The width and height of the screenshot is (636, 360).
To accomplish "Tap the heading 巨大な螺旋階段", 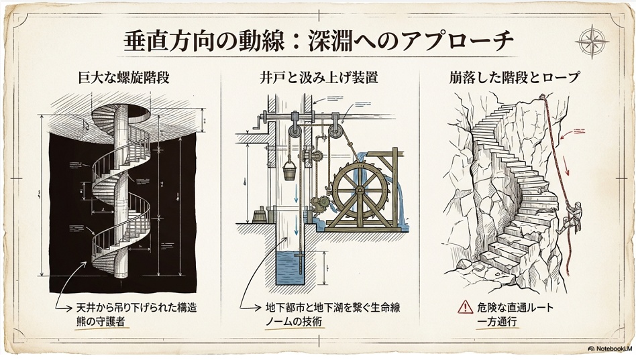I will [x=121, y=78].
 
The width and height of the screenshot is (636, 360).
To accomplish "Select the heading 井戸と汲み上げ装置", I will [x=319, y=78].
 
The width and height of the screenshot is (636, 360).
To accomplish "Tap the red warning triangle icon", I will [x=466, y=308].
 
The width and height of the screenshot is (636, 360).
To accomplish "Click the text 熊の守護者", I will [x=100, y=322].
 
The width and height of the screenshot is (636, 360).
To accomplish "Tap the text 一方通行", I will [x=497, y=322].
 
